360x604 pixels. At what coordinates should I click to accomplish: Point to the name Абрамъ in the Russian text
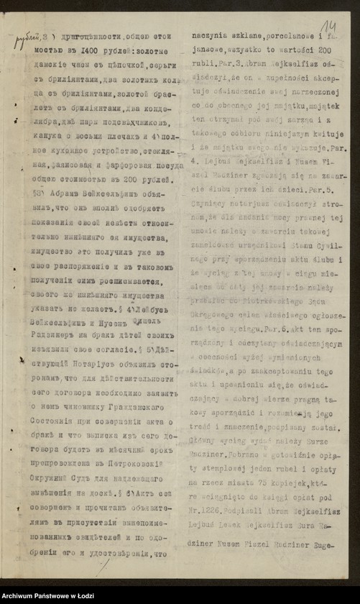click(62, 213)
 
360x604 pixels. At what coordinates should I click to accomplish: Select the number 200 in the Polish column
click(323, 52)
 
